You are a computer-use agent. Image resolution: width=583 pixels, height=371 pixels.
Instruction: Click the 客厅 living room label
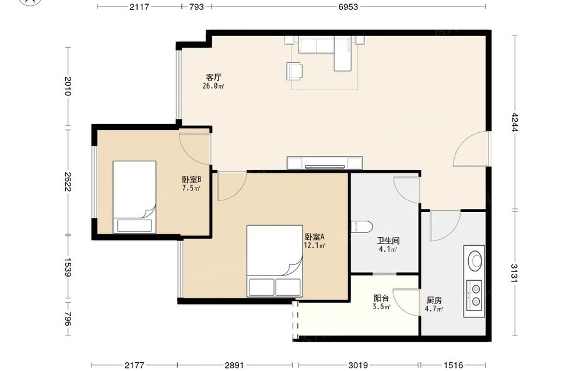pyautogui.click(x=214, y=77)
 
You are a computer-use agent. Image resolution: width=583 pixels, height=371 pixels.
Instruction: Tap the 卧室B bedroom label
pyautogui.click(x=191, y=179)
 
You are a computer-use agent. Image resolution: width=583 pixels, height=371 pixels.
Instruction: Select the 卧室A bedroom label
pyautogui.click(x=315, y=236)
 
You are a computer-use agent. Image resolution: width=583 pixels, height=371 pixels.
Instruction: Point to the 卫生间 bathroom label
pyautogui.click(x=388, y=241)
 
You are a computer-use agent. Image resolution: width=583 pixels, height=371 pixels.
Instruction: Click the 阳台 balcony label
pyautogui.click(x=381, y=298)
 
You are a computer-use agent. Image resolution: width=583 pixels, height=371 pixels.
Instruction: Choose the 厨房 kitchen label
pyautogui.click(x=434, y=300)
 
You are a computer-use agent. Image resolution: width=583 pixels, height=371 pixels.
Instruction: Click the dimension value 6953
pyautogui.click(x=348, y=6)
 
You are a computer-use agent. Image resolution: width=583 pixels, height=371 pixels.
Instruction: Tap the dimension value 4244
pyautogui.click(x=514, y=122)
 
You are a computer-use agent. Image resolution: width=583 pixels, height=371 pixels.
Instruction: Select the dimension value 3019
pyautogui.click(x=359, y=365)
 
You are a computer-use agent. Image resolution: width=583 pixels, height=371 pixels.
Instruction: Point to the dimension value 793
pyautogui.click(x=196, y=6)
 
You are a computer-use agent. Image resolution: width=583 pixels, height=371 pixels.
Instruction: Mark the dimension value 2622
pyautogui.click(x=67, y=182)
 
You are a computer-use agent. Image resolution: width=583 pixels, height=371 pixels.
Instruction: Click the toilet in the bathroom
pyautogui.click(x=362, y=227)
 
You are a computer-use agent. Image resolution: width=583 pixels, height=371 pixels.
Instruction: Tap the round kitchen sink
pyautogui.click(x=475, y=260)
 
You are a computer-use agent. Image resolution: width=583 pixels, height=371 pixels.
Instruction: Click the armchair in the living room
pyautogui.click(x=294, y=71)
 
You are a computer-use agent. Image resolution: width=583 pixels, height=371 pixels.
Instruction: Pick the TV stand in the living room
pyautogui.click(x=325, y=162)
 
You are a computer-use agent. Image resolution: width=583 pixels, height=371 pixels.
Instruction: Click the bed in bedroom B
pyautogui.click(x=134, y=197)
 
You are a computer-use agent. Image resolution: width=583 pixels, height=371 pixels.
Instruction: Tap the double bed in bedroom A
pyautogui.click(x=275, y=261)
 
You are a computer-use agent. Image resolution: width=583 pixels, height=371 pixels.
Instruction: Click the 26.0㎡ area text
pyautogui.click(x=213, y=86)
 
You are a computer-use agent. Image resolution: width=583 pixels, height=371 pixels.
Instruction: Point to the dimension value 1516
pyautogui.click(x=453, y=365)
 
